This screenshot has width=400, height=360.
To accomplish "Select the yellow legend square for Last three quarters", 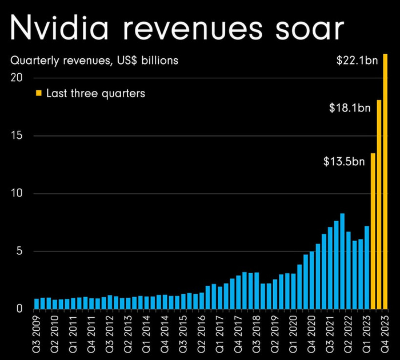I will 39,93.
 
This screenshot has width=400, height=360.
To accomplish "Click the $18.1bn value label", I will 350,107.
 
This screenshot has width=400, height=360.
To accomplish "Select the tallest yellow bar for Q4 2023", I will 386,183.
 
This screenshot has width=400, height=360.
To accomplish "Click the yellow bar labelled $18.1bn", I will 379,206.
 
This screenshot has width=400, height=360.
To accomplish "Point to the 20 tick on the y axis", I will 17,78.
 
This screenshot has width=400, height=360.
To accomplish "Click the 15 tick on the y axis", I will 17,136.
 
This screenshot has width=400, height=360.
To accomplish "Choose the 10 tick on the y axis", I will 17,194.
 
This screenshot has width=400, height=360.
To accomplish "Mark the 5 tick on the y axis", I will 19,251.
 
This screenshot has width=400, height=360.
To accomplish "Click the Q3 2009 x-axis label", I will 37,334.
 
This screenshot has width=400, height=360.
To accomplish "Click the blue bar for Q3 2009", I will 37,303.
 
